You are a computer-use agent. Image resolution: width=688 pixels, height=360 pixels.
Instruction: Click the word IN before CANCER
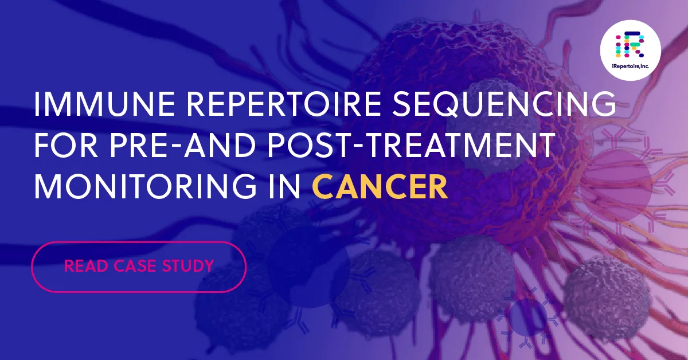[291, 188]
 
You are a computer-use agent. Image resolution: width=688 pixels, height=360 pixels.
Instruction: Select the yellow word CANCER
[380, 188]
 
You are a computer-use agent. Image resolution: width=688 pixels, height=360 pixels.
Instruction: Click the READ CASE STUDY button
[139, 267]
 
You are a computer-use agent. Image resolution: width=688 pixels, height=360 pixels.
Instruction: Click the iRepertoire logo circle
[630, 50]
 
